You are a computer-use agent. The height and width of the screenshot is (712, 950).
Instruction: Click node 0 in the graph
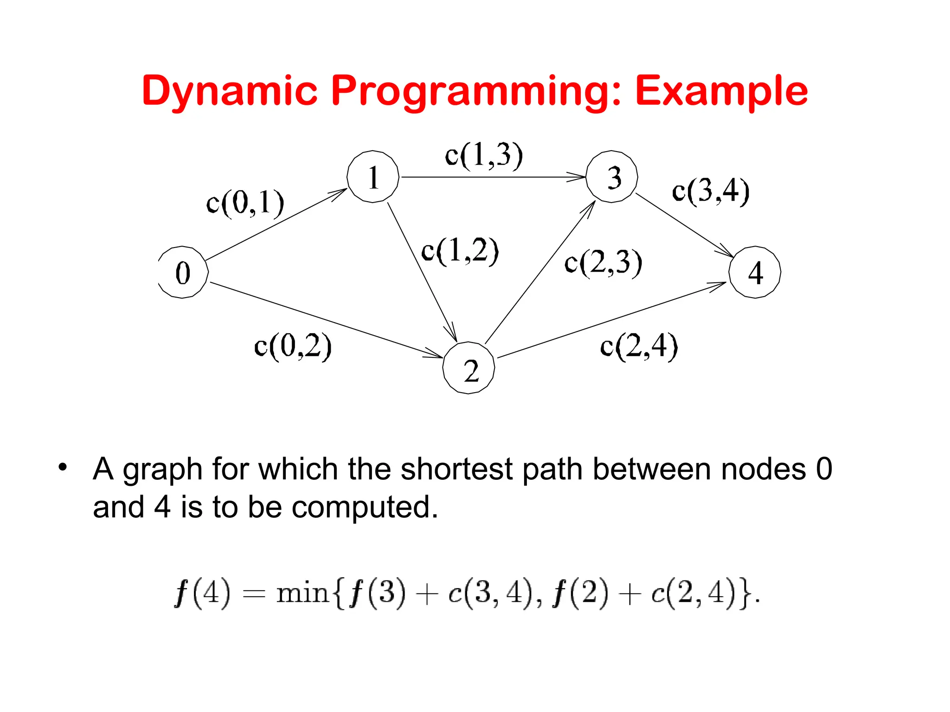pos(183,272)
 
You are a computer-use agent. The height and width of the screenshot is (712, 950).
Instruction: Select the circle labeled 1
pos(373,177)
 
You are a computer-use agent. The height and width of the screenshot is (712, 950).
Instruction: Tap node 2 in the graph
pos(469,368)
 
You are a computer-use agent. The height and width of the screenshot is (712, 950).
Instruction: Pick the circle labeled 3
pos(612,177)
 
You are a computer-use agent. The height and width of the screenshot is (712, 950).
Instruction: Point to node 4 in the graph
pos(755,272)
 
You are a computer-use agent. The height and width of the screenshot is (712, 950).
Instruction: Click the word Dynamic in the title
pos(230,91)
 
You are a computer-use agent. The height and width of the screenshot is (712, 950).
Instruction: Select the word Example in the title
pos(721,91)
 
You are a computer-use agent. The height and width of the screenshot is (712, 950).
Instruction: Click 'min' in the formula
pos(302,593)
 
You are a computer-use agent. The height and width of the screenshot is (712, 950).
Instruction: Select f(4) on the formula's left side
pos(202,593)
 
